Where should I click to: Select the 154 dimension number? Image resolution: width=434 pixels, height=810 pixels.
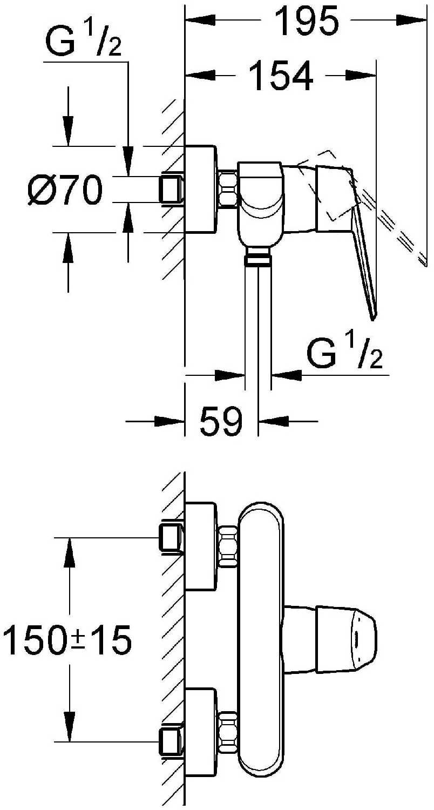pos(281,76)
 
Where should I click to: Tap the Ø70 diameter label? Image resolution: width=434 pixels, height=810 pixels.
pos(65,190)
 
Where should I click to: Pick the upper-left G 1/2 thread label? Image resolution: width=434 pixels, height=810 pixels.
pos(84,40)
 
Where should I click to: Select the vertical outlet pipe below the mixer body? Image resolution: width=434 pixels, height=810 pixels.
pos(259,318)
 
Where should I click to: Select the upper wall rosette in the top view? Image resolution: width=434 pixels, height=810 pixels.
pos(201,546)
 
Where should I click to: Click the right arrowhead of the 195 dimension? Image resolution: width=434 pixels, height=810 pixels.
pos(412,21)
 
